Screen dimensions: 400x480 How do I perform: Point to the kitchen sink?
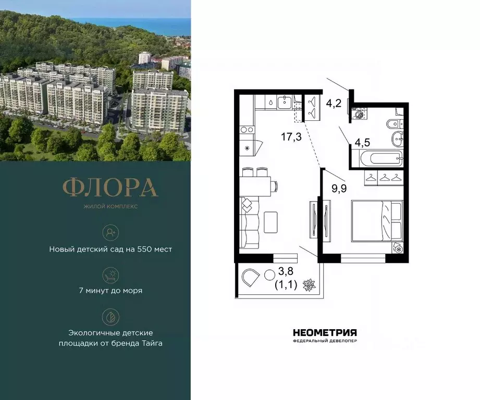click(x=285, y=103)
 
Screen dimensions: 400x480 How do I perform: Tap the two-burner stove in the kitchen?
click(x=246, y=130)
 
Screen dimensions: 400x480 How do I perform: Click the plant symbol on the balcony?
click(x=309, y=285)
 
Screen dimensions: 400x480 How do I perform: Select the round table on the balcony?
click(x=270, y=275)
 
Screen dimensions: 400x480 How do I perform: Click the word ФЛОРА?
click(x=110, y=188)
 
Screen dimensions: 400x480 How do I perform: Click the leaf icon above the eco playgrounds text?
click(x=110, y=317)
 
